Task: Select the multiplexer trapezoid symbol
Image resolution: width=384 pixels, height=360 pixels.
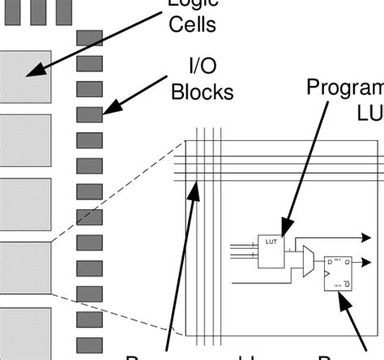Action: (309, 264)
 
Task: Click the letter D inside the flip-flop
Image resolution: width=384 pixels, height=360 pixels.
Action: (329, 262)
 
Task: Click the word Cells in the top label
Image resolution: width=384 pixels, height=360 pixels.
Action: (192, 24)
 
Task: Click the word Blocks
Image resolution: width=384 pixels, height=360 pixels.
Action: (202, 92)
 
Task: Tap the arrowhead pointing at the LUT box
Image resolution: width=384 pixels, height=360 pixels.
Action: (284, 224)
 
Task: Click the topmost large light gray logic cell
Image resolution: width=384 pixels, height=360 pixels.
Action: (24, 75)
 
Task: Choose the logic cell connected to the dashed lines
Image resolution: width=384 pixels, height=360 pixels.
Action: (24, 268)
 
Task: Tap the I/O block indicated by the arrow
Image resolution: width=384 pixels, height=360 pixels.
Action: (89, 114)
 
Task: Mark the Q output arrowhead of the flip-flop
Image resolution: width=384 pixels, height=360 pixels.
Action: (367, 262)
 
